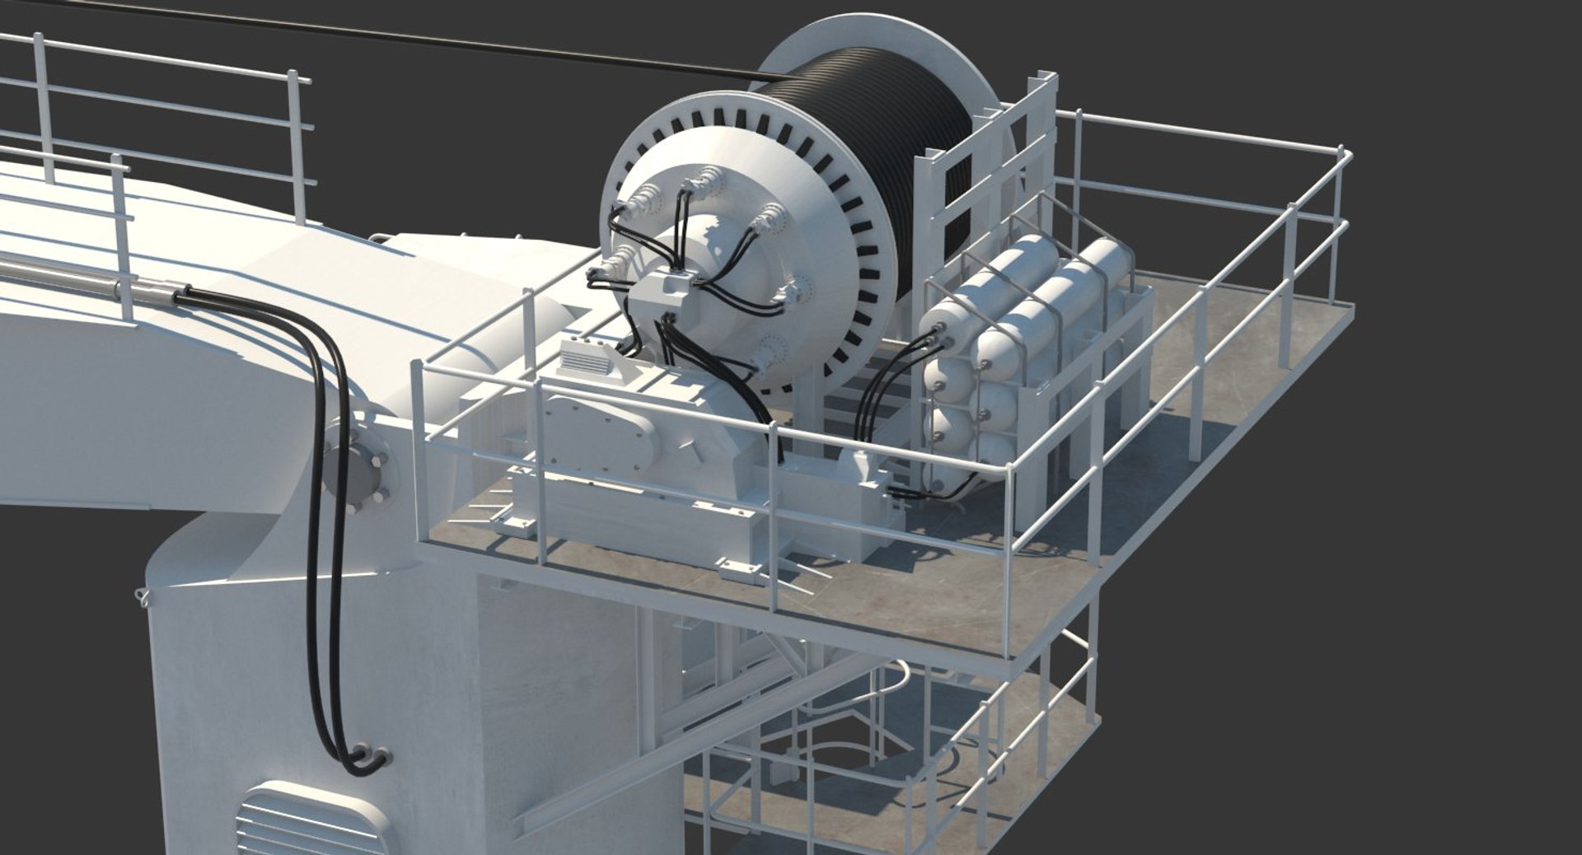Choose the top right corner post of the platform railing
click(x=1343, y=152)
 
